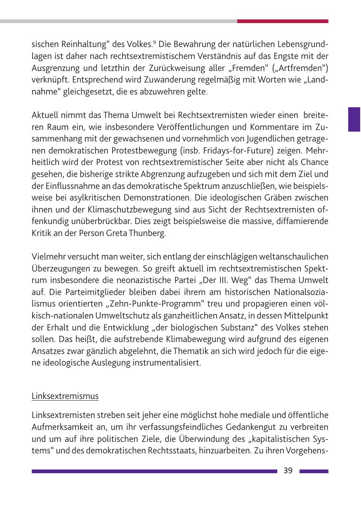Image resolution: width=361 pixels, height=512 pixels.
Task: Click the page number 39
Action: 288,471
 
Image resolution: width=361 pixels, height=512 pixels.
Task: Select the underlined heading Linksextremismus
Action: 65,396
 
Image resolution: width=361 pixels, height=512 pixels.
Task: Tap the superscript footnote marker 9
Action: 155,42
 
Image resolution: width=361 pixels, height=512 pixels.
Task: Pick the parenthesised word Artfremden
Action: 295,68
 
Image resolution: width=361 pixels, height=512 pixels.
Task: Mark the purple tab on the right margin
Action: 354,119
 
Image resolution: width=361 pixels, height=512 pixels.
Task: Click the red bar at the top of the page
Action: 283,21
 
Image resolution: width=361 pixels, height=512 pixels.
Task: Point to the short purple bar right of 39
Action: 314,471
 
